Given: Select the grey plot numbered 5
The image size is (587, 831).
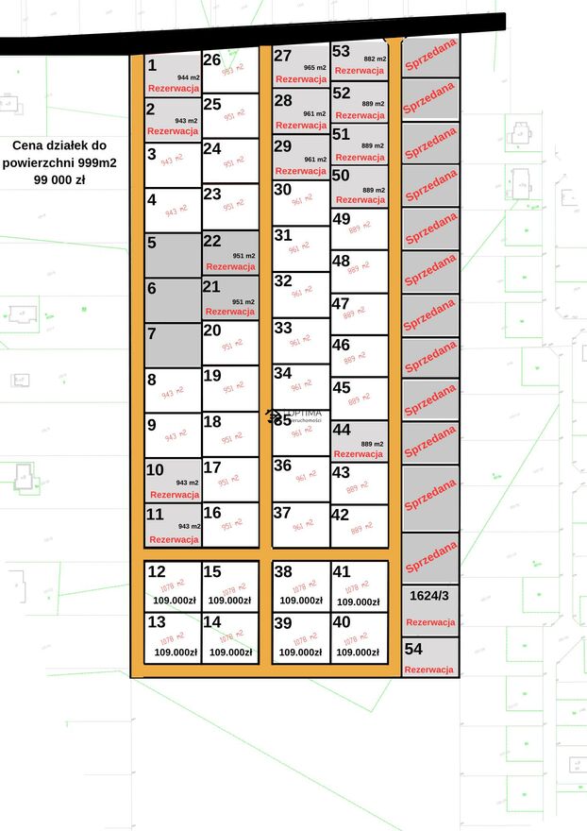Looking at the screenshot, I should point(173,255).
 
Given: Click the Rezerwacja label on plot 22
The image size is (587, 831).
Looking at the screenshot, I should point(230,267).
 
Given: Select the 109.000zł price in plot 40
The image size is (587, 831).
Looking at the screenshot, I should point(359,652).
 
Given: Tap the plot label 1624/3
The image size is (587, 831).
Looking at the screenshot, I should point(429,596).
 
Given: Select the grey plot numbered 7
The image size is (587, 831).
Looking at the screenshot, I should point(173,345).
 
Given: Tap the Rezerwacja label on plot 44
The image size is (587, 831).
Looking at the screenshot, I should point(360,454).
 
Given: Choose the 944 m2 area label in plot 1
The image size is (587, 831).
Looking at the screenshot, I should point(189,76).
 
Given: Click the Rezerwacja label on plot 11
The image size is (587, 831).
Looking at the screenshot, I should point(174,539).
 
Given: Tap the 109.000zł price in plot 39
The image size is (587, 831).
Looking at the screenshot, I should point(301,652).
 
